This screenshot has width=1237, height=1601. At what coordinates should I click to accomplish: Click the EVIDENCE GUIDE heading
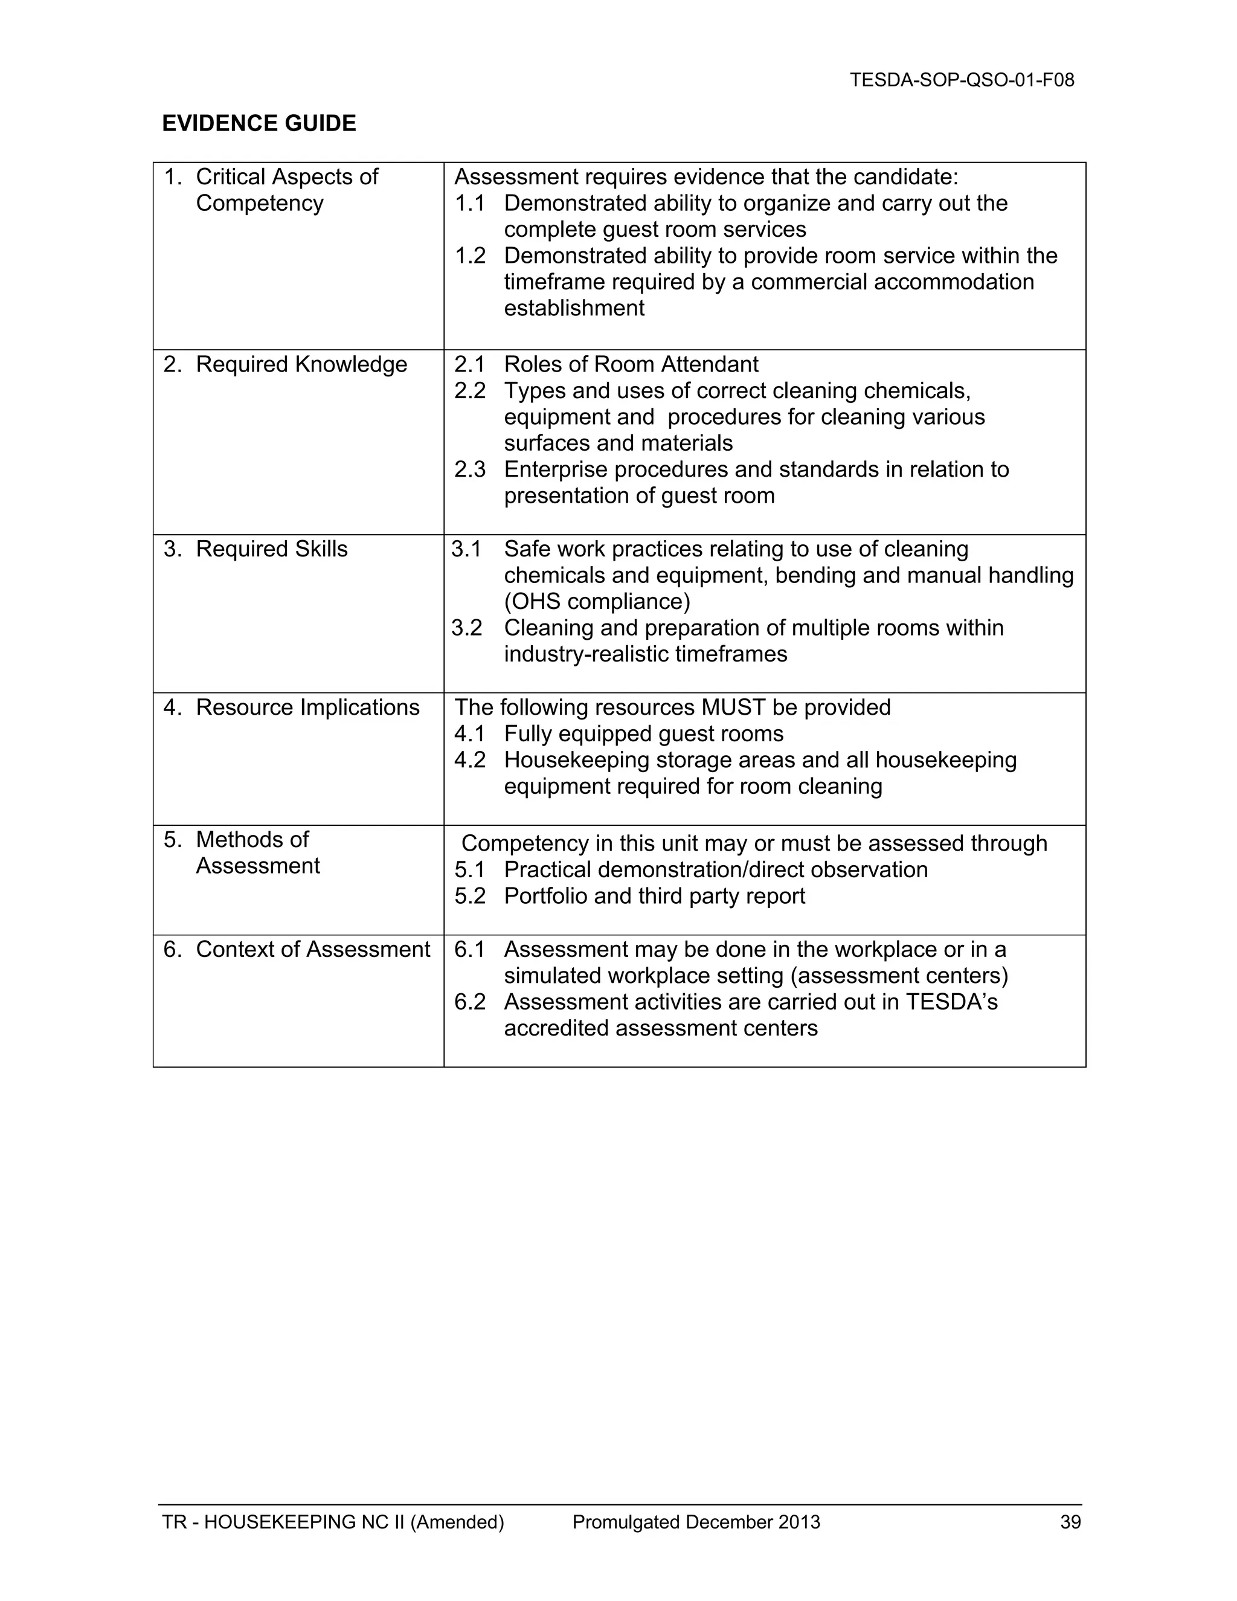pyautogui.click(x=259, y=123)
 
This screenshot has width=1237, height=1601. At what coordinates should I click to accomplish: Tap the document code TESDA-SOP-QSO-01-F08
pyautogui.click(x=962, y=80)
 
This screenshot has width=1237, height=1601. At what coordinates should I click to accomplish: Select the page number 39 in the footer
pyautogui.click(x=1070, y=1522)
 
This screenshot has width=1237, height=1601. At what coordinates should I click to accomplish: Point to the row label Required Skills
pyautogui.click(x=271, y=549)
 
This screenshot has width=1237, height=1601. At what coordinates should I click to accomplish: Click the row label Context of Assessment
pyautogui.click(x=312, y=949)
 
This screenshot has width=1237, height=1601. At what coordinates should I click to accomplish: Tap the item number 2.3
pyautogui.click(x=470, y=470)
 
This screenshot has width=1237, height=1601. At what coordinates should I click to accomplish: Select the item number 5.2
pyautogui.click(x=470, y=896)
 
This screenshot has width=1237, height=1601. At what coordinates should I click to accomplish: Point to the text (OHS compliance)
pyautogui.click(x=597, y=602)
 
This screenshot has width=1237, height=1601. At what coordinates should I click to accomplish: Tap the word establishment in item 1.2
pyautogui.click(x=574, y=309)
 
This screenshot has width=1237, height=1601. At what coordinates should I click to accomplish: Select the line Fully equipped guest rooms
pyautogui.click(x=643, y=734)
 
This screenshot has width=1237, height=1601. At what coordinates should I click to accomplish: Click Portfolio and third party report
pyautogui.click(x=654, y=896)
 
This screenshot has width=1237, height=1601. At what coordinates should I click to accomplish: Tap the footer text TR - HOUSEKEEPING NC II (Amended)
pyautogui.click(x=333, y=1522)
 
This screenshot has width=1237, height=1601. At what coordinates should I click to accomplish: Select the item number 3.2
pyautogui.click(x=467, y=628)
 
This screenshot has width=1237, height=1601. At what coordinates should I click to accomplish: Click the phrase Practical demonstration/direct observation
pyautogui.click(x=715, y=869)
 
